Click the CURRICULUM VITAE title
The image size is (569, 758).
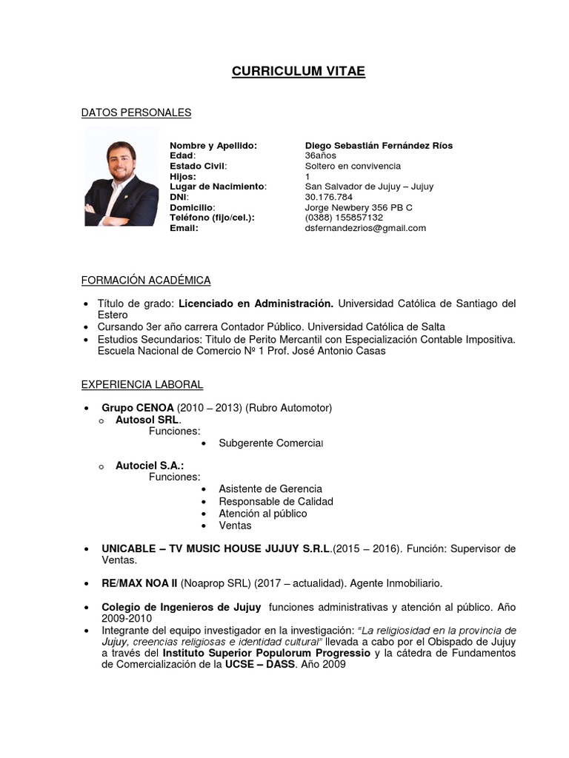pyautogui.click(x=299, y=71)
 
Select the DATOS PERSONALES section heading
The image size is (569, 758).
pyautogui.click(x=136, y=113)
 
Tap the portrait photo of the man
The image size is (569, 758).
pyautogui.click(x=121, y=177)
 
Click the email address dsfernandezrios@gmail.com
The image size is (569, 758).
pyautogui.click(x=365, y=228)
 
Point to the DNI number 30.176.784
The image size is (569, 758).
pyautogui.click(x=328, y=197)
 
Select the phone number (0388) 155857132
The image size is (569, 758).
pyautogui.click(x=344, y=218)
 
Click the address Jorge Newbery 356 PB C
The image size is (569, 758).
pyautogui.click(x=359, y=207)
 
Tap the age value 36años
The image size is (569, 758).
pyautogui.click(x=320, y=156)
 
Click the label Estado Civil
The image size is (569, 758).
pyautogui.click(x=198, y=167)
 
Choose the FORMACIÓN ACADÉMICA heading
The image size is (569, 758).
pyautogui.click(x=146, y=280)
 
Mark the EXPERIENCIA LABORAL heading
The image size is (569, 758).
pyautogui.click(x=142, y=385)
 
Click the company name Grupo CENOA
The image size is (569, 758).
pyautogui.click(x=138, y=408)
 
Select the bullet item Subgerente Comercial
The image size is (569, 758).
pyautogui.click(x=271, y=443)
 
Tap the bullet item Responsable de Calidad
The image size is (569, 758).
pyautogui.click(x=276, y=501)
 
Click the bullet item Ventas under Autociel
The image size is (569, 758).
pyautogui.click(x=235, y=526)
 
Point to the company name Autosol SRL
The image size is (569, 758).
pyautogui.click(x=148, y=420)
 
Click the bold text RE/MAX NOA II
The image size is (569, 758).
pyautogui.click(x=139, y=583)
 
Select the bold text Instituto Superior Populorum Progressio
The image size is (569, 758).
pyautogui.click(x=266, y=653)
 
